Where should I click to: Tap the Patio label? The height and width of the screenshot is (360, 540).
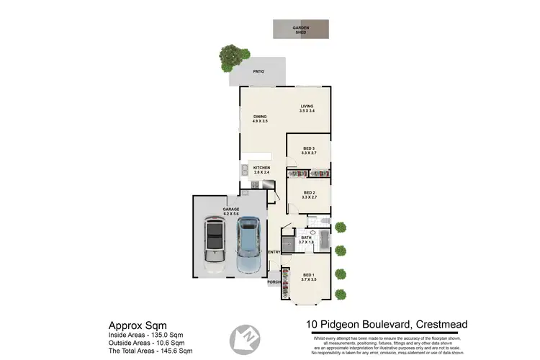pyautogui.click(x=258, y=71)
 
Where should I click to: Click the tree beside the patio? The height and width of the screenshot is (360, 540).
pyautogui.click(x=231, y=57)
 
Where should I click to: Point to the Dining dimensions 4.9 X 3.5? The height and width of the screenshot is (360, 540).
pyautogui.click(x=260, y=121)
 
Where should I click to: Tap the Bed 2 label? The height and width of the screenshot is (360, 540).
pyautogui.click(x=310, y=192)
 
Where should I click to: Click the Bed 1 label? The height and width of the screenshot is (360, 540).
pyautogui.click(x=308, y=275)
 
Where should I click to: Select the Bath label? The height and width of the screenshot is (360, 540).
pyautogui.click(x=306, y=237)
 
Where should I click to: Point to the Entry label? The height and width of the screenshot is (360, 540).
pyautogui.click(x=274, y=252)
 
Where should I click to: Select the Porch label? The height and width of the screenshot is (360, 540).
pyautogui.click(x=274, y=282)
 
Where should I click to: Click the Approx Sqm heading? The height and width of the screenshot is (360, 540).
pyautogui.click(x=137, y=325)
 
